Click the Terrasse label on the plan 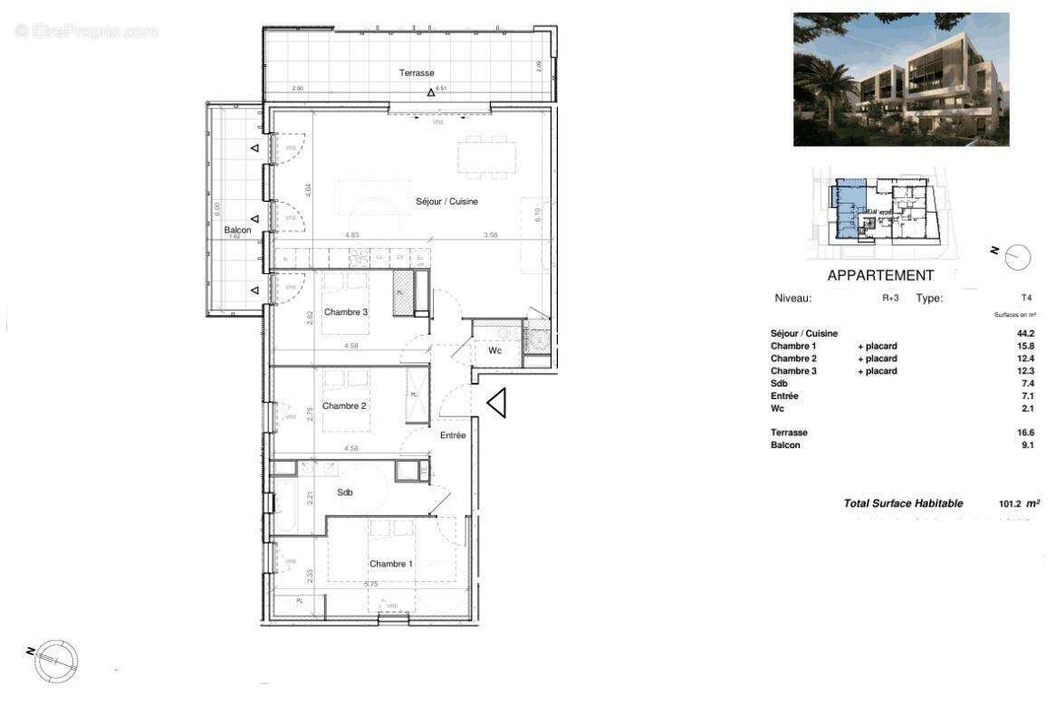coord(417,72)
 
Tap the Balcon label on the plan coord(237,231)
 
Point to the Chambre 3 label coord(345,313)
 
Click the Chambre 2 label coord(344,406)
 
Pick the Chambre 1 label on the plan coord(390,564)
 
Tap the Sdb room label coord(345,492)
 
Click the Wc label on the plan coord(495,350)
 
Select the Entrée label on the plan coord(453,435)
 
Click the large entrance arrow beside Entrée coord(496,403)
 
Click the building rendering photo coord(901,80)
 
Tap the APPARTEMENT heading coord(880,276)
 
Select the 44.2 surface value coord(1026,334)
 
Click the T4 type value coord(1026,298)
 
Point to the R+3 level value coord(890,298)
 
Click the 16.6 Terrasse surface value coord(1026,433)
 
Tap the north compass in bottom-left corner coord(55,661)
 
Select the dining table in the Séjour coord(486,158)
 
